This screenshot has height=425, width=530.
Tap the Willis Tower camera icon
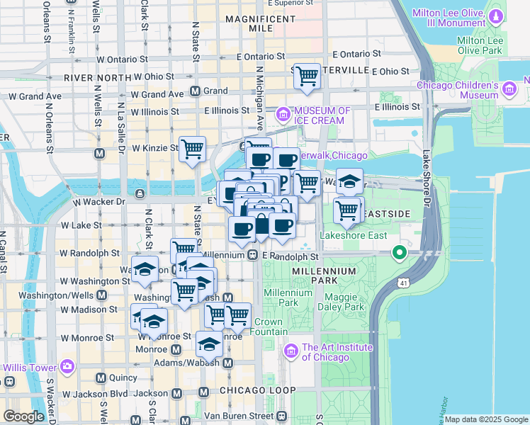pos(67,367)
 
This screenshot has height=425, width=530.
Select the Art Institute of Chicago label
pos(337,352)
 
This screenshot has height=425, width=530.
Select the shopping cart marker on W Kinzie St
pos(192,149)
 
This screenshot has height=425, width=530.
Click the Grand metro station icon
pos(196,91)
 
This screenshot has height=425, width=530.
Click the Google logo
pos(23,416)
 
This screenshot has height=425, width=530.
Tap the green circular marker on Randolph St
pos(400,252)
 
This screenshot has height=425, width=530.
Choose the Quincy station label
pos(123,378)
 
